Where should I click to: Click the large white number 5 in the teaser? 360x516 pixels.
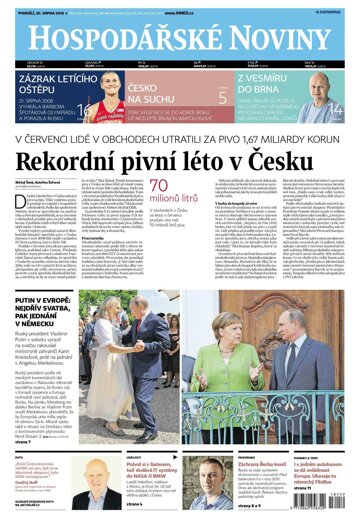(223, 97)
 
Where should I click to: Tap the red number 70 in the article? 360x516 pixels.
(165, 187)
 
